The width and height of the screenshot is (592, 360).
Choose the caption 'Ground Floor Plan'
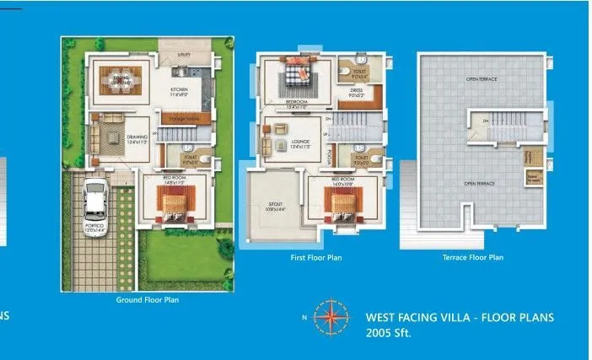point(147,299)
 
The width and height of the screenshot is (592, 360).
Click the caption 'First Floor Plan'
point(316,257)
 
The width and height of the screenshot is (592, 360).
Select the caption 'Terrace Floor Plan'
point(472,257)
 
